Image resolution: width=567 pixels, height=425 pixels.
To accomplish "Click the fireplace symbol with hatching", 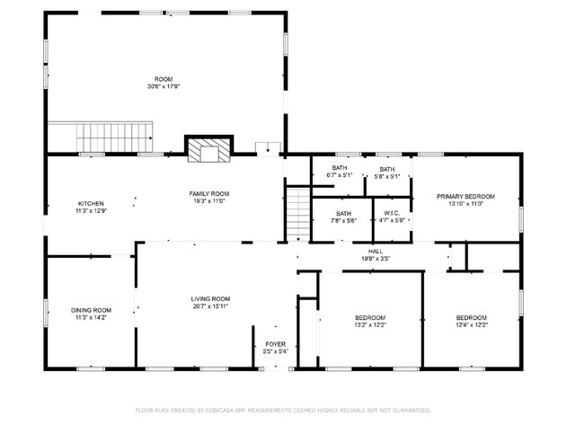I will pyautogui.click(x=208, y=150).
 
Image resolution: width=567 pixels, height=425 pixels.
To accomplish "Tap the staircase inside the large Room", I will pyautogui.click(x=113, y=138).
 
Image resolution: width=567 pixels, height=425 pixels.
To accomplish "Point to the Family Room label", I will pyautogui.click(x=208, y=194).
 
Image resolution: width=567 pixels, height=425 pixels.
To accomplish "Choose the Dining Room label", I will pyautogui.click(x=91, y=310).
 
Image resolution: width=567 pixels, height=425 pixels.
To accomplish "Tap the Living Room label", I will pyautogui.click(x=210, y=298).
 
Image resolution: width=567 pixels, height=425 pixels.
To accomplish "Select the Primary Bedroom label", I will pyautogui.click(x=465, y=196).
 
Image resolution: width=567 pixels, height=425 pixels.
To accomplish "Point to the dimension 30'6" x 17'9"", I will pyautogui.click(x=164, y=86).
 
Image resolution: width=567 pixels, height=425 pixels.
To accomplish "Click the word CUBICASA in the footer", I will pyautogui.click(x=220, y=410).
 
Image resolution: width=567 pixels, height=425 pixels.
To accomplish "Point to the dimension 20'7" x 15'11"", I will pyautogui.click(x=210, y=306).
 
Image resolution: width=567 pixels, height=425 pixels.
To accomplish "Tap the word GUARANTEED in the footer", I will pyautogui.click(x=410, y=410).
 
